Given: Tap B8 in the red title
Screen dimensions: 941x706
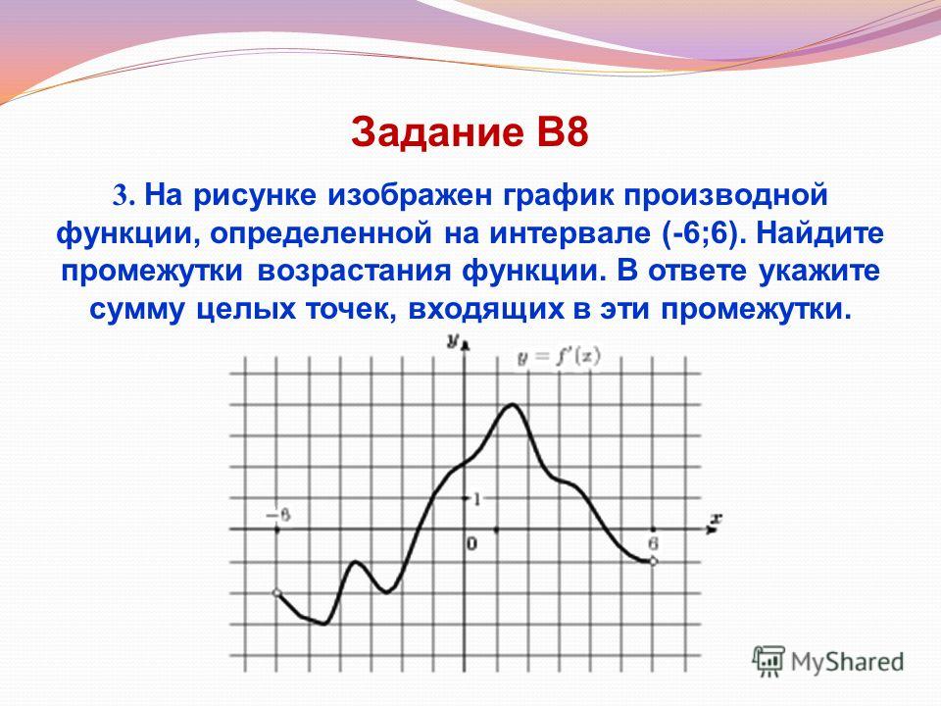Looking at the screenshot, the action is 563,132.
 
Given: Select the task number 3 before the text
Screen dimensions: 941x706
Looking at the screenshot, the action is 121,196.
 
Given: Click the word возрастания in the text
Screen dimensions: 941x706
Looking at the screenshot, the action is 354,272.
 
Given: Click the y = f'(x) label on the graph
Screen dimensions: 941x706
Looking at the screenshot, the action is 559,357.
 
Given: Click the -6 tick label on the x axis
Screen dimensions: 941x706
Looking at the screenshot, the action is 278,516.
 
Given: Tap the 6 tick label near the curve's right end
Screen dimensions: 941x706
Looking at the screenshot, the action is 653,544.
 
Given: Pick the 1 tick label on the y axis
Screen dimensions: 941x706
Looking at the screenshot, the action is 477,498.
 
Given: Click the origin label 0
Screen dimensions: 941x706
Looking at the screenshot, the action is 472,544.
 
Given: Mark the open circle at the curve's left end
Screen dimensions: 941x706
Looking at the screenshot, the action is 276,593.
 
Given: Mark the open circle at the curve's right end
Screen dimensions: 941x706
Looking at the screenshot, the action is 654,561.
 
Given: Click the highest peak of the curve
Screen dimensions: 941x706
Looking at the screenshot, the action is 513,404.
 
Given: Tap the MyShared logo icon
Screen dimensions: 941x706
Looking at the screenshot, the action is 768,661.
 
